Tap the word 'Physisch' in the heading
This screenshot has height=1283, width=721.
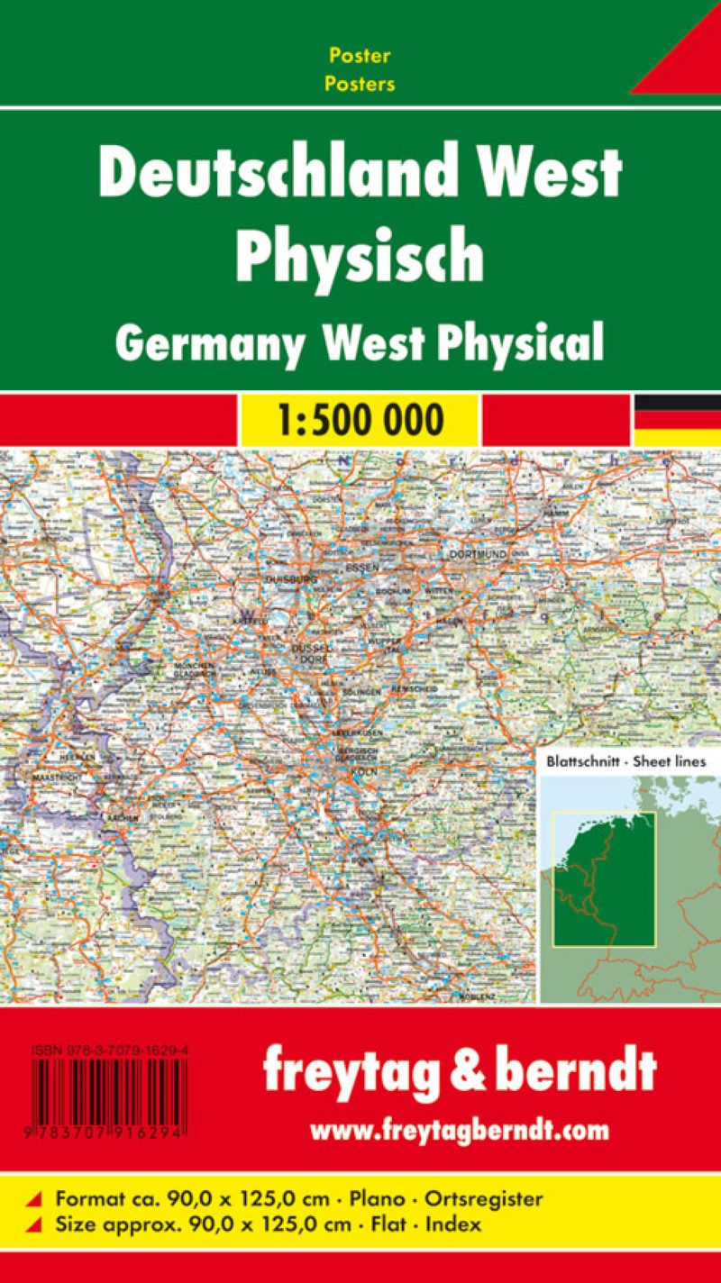(x=360, y=255)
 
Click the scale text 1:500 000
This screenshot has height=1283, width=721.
(x=360, y=419)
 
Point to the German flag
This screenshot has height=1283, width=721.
(x=677, y=419)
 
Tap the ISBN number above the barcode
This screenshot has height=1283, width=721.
(x=108, y=1051)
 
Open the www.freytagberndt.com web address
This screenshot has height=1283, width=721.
(x=459, y=1130)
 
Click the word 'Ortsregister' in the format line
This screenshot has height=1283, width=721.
(x=486, y=1199)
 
